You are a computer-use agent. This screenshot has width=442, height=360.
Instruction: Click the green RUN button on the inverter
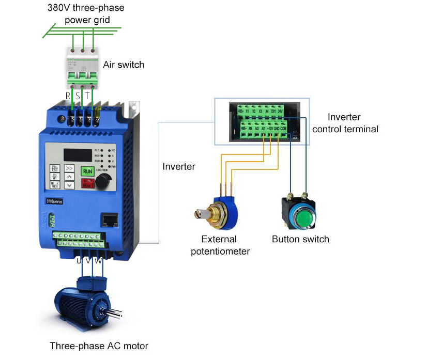tap(88, 171)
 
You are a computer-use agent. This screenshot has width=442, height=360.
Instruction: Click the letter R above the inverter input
tap(68, 96)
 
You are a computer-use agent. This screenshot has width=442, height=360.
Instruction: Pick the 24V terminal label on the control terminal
tap(280, 111)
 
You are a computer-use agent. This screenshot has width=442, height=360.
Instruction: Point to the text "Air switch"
tap(124, 65)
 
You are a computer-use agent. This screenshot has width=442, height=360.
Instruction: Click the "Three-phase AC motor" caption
tap(99, 346)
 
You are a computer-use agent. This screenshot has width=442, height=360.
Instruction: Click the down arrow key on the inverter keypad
tap(69, 184)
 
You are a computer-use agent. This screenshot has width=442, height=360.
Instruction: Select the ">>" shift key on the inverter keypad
tap(69, 168)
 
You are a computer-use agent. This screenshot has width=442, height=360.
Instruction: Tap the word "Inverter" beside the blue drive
tap(179, 166)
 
